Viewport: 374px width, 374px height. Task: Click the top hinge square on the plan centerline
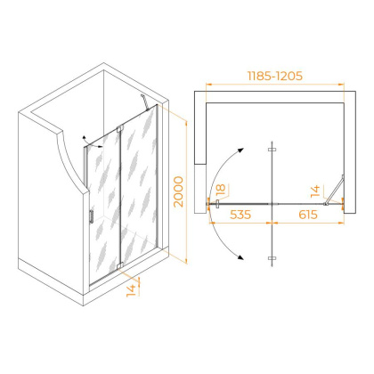point(271,148)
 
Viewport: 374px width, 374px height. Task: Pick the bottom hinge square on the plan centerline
point(271,260)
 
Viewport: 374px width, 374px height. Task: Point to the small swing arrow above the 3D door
point(85,140)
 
